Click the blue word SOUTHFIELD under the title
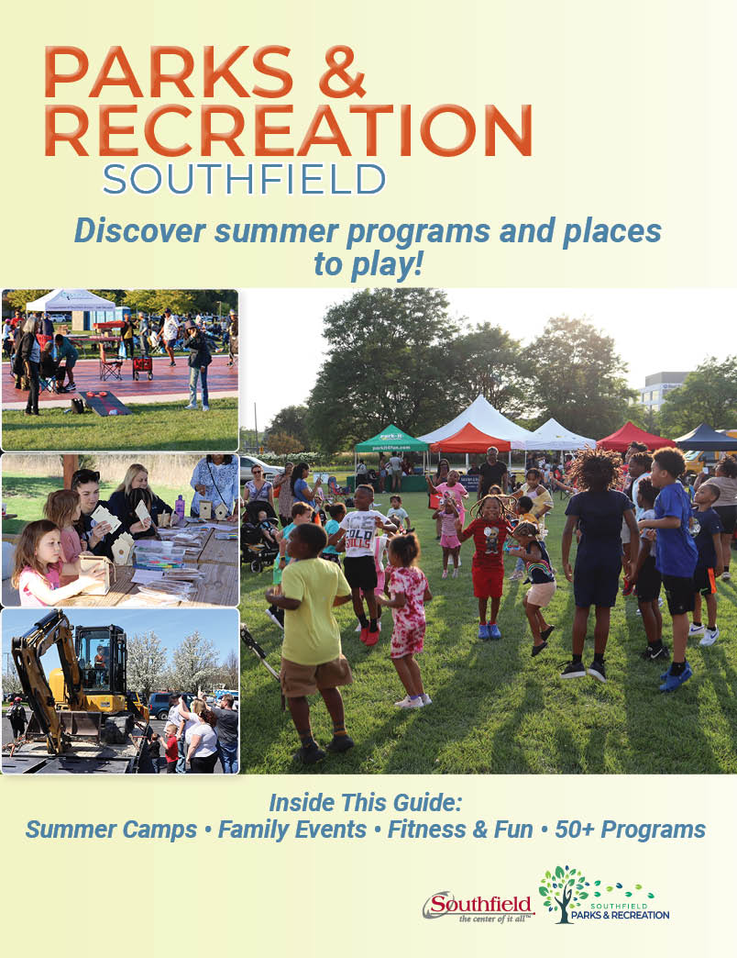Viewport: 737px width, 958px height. pyautogui.click(x=244, y=180)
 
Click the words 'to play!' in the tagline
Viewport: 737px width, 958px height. pyautogui.click(x=368, y=265)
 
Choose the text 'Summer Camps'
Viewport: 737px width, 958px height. pyautogui.click(x=111, y=830)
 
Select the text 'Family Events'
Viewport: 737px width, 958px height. pyautogui.click(x=292, y=830)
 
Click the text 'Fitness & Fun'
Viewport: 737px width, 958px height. pyautogui.click(x=460, y=830)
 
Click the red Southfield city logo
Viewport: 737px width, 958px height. pyautogui.click(x=477, y=906)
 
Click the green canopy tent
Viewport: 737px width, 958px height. pyautogui.click(x=391, y=440)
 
